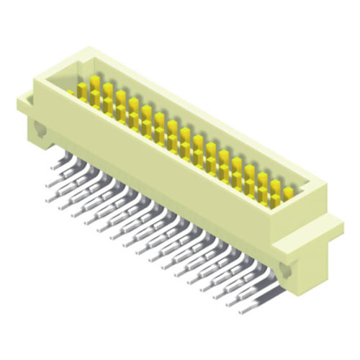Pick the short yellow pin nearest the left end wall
coord(72,93)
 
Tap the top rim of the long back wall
coord(209,115)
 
